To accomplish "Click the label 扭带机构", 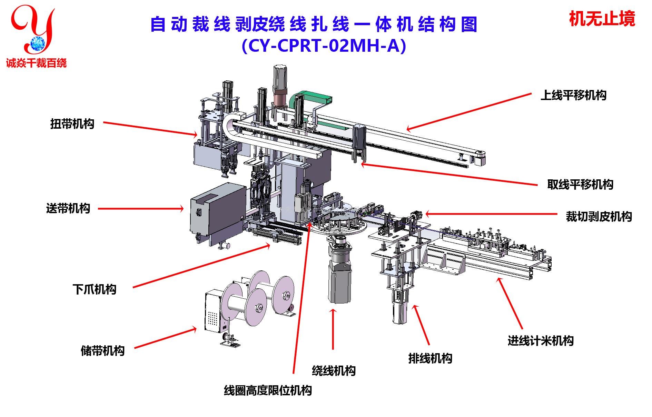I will (72, 124).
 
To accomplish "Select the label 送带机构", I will (68, 208).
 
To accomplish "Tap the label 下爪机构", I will (94, 289).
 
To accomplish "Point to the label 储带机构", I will (102, 351).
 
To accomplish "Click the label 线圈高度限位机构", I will (268, 390).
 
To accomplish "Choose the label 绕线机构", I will (334, 371).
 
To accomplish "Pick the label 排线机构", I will (430, 358).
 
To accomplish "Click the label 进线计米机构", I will (540, 341).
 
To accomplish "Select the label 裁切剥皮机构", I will (599, 217).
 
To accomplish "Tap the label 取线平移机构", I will (580, 185).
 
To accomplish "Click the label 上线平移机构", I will (573, 95).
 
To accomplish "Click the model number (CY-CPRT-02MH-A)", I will (324, 46).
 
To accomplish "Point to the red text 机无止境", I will (602, 19).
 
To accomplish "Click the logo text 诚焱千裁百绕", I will (36, 63).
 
